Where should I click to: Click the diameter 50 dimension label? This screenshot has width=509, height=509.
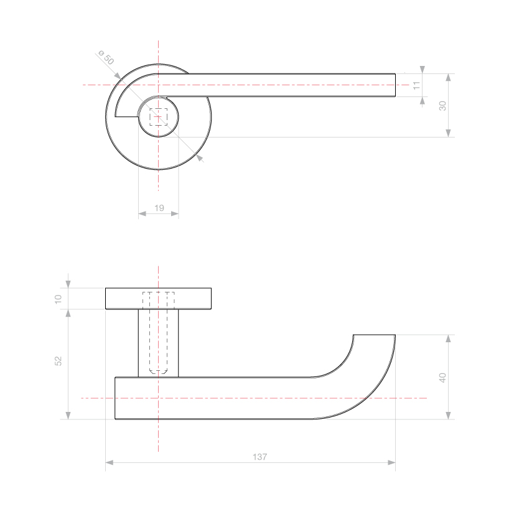[106, 58]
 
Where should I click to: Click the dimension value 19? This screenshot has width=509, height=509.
[159, 208]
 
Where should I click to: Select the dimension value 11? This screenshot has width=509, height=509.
[416, 85]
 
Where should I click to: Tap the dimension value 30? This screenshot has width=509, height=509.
[443, 106]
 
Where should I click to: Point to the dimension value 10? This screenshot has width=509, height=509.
[58, 299]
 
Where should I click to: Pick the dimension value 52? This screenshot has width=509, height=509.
[58, 361]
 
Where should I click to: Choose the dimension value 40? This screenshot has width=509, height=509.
[443, 378]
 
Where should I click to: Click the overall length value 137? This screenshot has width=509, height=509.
[259, 457]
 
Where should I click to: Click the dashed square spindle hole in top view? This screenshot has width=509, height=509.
[159, 117]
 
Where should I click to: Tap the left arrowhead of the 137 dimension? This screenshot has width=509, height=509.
[110, 462]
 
